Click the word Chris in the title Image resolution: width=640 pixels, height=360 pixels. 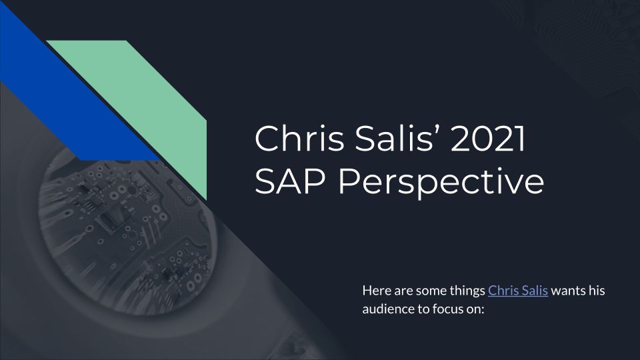[x=299, y=139]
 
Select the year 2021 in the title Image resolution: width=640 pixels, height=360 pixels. [x=488, y=139]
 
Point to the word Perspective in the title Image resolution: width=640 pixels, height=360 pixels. [x=441, y=183]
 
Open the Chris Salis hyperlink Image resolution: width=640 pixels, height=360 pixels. [x=517, y=291]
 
